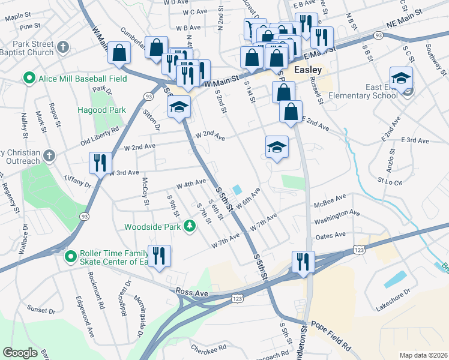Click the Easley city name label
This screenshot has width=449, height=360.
click(x=308, y=70)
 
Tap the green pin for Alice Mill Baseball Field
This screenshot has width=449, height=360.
click(x=28, y=79)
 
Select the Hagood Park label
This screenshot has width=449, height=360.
click(x=101, y=110)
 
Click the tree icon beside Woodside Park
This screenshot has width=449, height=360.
click(x=190, y=226)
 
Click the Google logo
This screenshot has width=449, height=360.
click(x=20, y=352)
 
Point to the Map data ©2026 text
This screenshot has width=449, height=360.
click(x=423, y=355)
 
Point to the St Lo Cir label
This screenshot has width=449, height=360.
click(x=389, y=179)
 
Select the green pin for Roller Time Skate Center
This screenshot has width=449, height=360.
click(x=71, y=256)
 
